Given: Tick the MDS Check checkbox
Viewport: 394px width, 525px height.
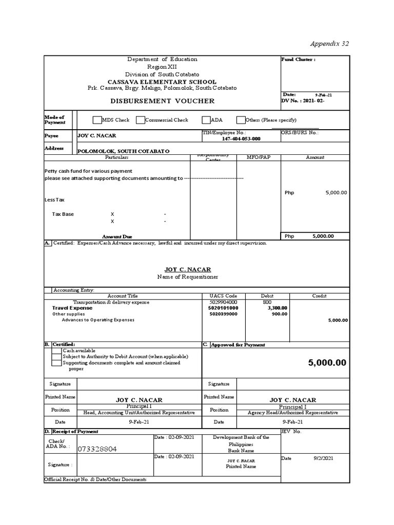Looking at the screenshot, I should coord(97,120).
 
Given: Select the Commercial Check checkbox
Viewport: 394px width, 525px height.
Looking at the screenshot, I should coord(140,120).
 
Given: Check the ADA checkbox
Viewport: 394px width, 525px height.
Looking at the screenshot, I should coord(206,120).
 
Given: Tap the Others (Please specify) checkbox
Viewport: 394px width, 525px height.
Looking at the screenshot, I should coord(241,120).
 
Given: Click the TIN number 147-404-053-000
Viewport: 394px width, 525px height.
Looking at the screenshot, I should coord(241,139).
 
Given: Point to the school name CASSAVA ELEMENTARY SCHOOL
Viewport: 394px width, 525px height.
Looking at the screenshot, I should coord(162,82).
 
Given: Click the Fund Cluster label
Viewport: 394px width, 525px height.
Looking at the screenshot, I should coord(298,60).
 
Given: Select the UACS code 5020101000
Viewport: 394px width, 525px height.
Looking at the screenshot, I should coord(224,308).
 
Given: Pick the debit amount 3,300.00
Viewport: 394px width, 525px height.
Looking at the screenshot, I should coord(278,308).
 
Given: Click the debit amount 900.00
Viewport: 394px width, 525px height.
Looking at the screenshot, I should coord(280,314).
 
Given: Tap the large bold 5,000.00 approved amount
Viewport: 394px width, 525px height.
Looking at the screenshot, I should coord(327,363).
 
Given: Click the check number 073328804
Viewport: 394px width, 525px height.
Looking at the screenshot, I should coord(97,449).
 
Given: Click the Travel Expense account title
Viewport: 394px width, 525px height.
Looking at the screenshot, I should coord(72,308).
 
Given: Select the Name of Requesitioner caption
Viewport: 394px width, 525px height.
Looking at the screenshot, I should coord(187,277).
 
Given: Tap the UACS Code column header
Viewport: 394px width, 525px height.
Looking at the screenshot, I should coord(223,296).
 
